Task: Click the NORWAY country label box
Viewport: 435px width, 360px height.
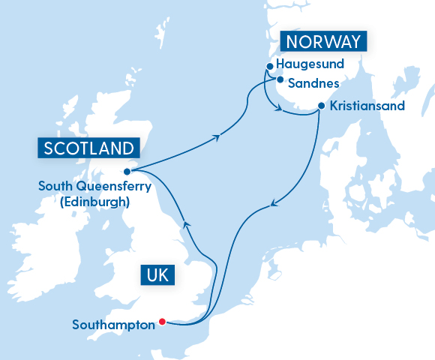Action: (322, 41)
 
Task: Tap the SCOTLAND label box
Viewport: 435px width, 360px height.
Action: (90, 148)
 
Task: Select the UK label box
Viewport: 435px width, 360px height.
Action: (157, 275)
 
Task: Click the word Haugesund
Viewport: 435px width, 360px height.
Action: (310, 64)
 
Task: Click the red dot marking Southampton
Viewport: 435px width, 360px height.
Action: (163, 322)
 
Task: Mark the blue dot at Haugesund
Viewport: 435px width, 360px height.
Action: (268, 67)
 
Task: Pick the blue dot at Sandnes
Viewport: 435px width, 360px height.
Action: (279, 80)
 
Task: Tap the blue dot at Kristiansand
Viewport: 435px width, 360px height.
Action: (321, 106)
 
